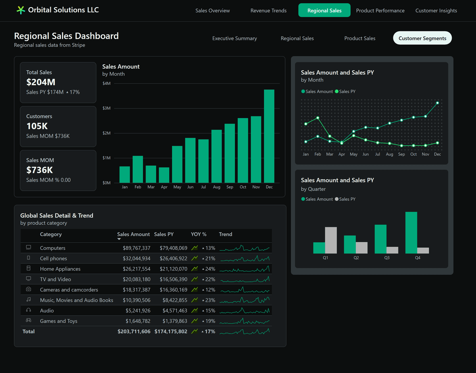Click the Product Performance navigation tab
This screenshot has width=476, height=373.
pyautogui.click(x=380, y=11)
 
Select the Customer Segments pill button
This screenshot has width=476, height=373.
pyautogui.click(x=422, y=38)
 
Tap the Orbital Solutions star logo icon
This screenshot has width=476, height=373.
pyautogui.click(x=21, y=10)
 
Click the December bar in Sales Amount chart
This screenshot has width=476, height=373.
pyautogui.click(x=269, y=136)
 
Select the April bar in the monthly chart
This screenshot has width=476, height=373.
pyautogui.click(x=164, y=175)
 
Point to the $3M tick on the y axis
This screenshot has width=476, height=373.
pyautogui.click(x=106, y=108)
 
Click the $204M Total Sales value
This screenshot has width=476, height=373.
pyautogui.click(x=41, y=82)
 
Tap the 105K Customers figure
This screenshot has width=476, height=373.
pyautogui.click(x=37, y=126)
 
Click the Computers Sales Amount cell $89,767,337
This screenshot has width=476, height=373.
pyautogui.click(x=136, y=248)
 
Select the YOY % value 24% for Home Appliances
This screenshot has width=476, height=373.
pyautogui.click(x=210, y=269)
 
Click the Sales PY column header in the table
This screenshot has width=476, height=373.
pyautogui.click(x=163, y=234)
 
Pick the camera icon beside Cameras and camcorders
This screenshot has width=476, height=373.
pyautogui.click(x=29, y=289)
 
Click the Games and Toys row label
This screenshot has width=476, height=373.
pyautogui.click(x=58, y=321)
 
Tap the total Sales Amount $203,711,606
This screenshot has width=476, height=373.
pyautogui.click(x=134, y=331)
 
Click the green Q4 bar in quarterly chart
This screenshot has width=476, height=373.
pyautogui.click(x=411, y=233)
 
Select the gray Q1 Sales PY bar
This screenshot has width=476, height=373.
pyautogui.click(x=331, y=240)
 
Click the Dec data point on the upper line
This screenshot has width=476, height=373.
pyautogui.click(x=437, y=103)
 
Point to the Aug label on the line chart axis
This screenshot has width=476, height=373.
pyautogui.click(x=390, y=154)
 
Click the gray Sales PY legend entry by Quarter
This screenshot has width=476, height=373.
pyautogui.click(x=345, y=199)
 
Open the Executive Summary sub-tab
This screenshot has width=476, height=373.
pyautogui.click(x=234, y=38)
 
